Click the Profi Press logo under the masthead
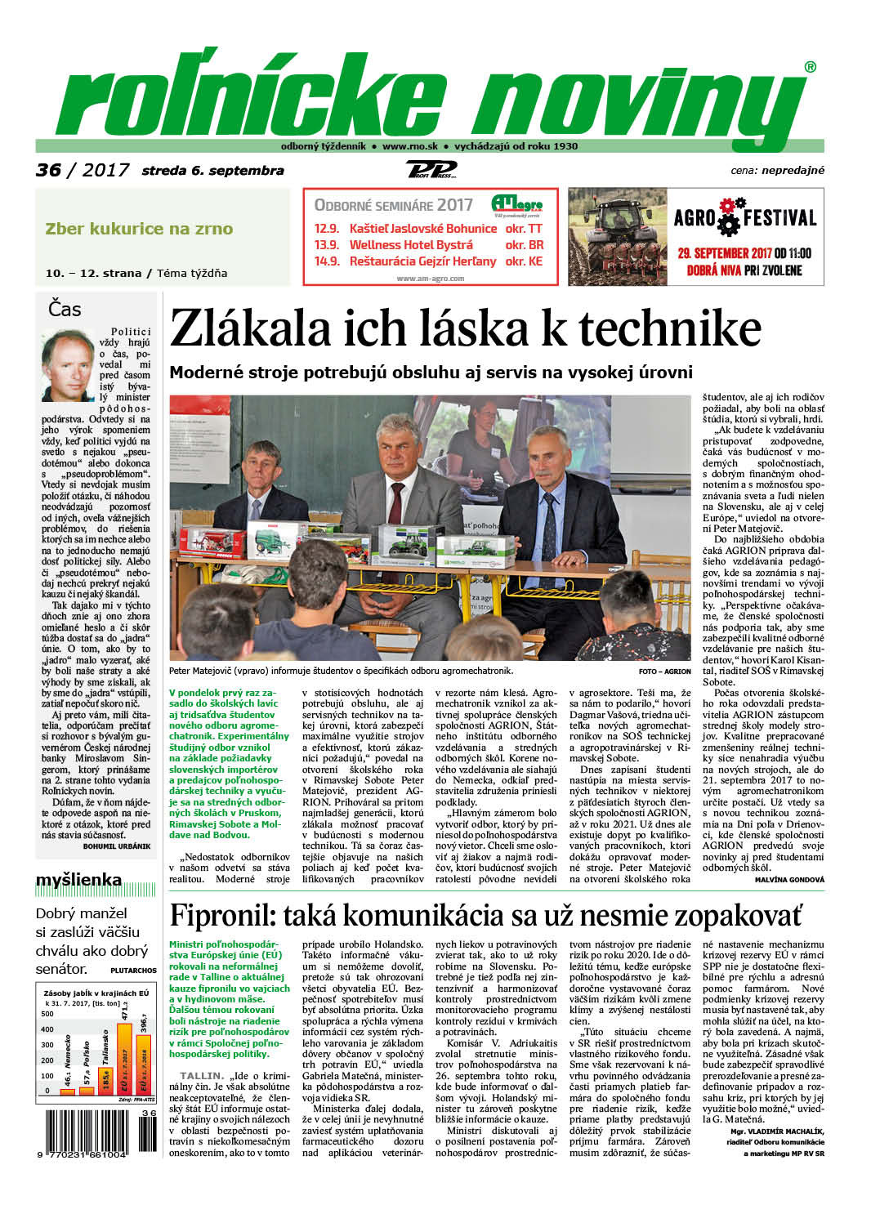[431, 170]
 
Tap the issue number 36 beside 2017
[48, 170]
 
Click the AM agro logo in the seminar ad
[516, 204]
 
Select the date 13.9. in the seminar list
[327, 245]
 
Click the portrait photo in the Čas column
[68, 365]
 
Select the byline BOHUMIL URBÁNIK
[117, 846]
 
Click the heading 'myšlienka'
[78, 880]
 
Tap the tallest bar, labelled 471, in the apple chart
[125, 1058]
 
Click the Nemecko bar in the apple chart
[67, 1091]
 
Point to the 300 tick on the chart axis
[47, 1045]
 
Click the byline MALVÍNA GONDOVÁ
[790, 880]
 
